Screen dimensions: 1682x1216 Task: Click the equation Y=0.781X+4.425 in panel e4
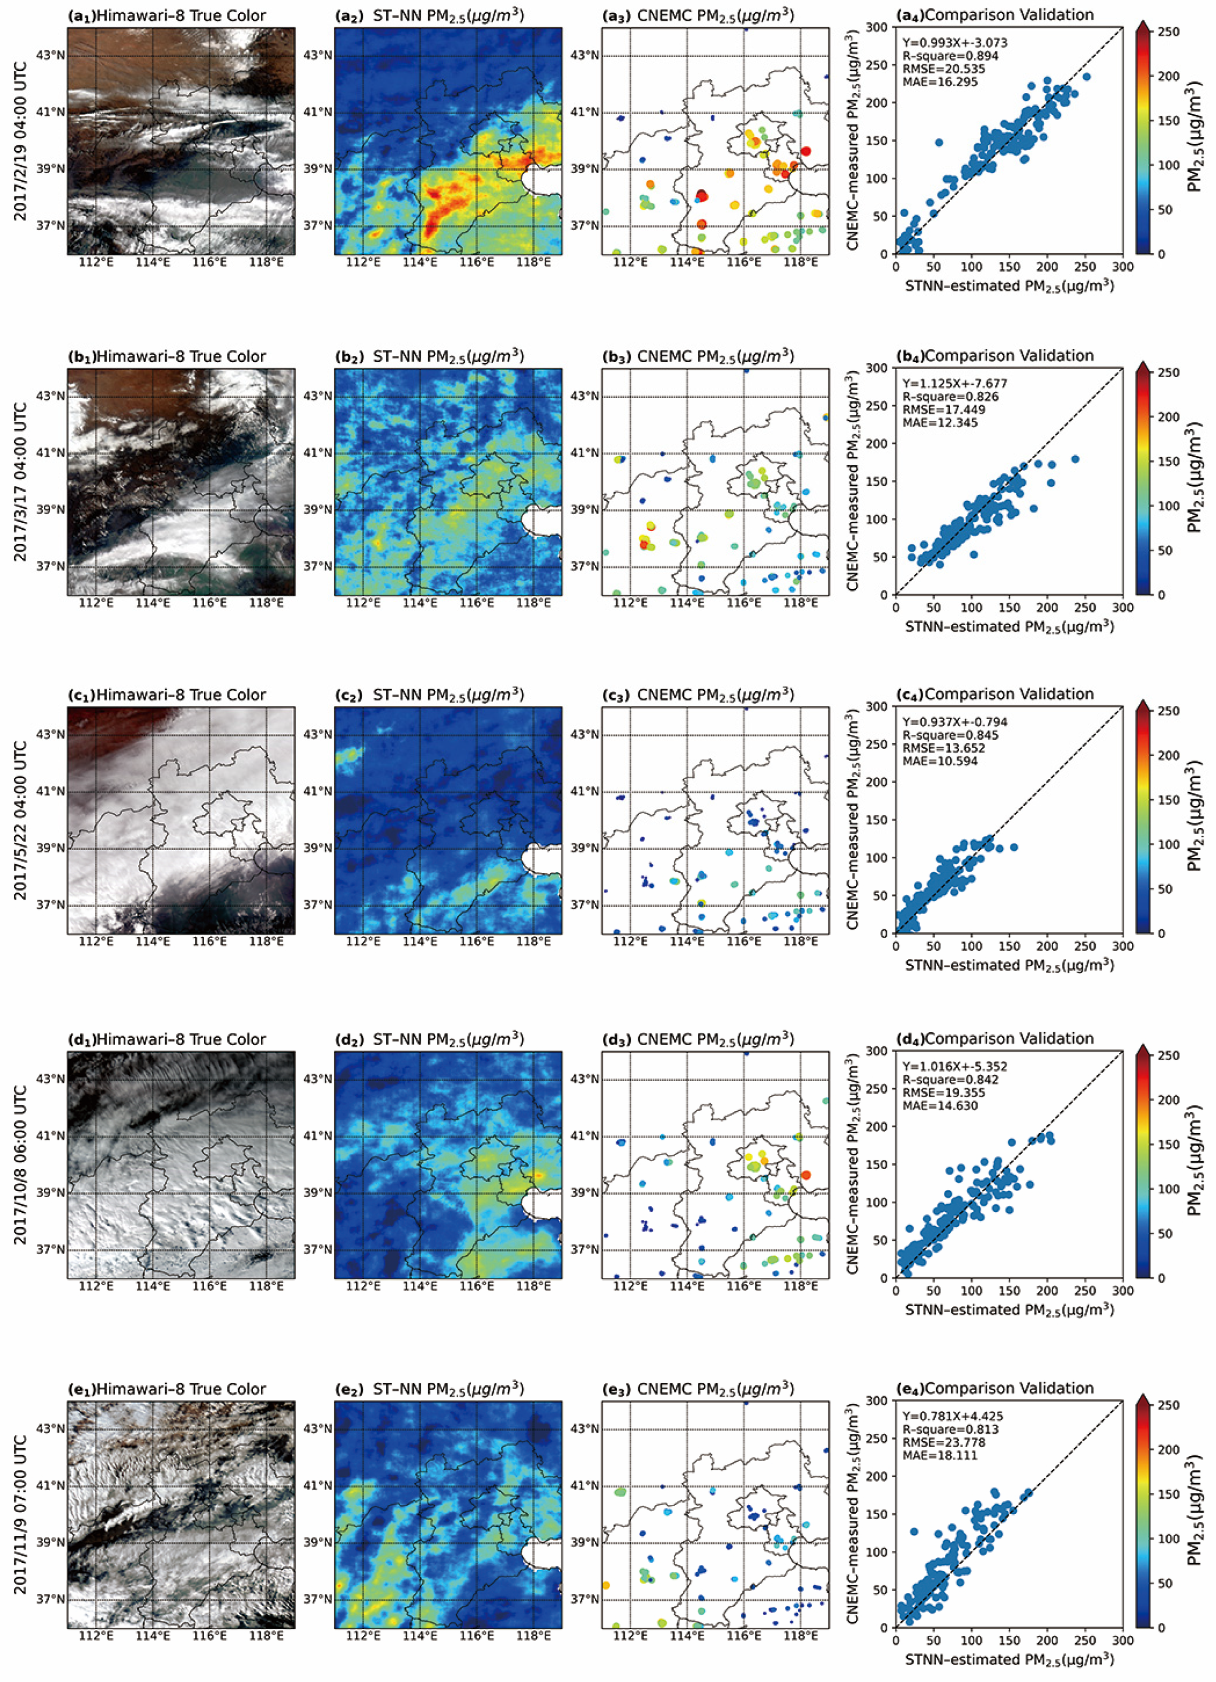click(x=953, y=1416)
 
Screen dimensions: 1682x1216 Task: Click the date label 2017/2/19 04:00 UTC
click(x=21, y=141)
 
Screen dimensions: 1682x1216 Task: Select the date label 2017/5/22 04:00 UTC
click(x=21, y=820)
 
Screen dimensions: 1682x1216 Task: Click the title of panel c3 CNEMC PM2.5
click(x=698, y=695)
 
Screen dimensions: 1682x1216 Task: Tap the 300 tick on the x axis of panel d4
click(x=1122, y=1291)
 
